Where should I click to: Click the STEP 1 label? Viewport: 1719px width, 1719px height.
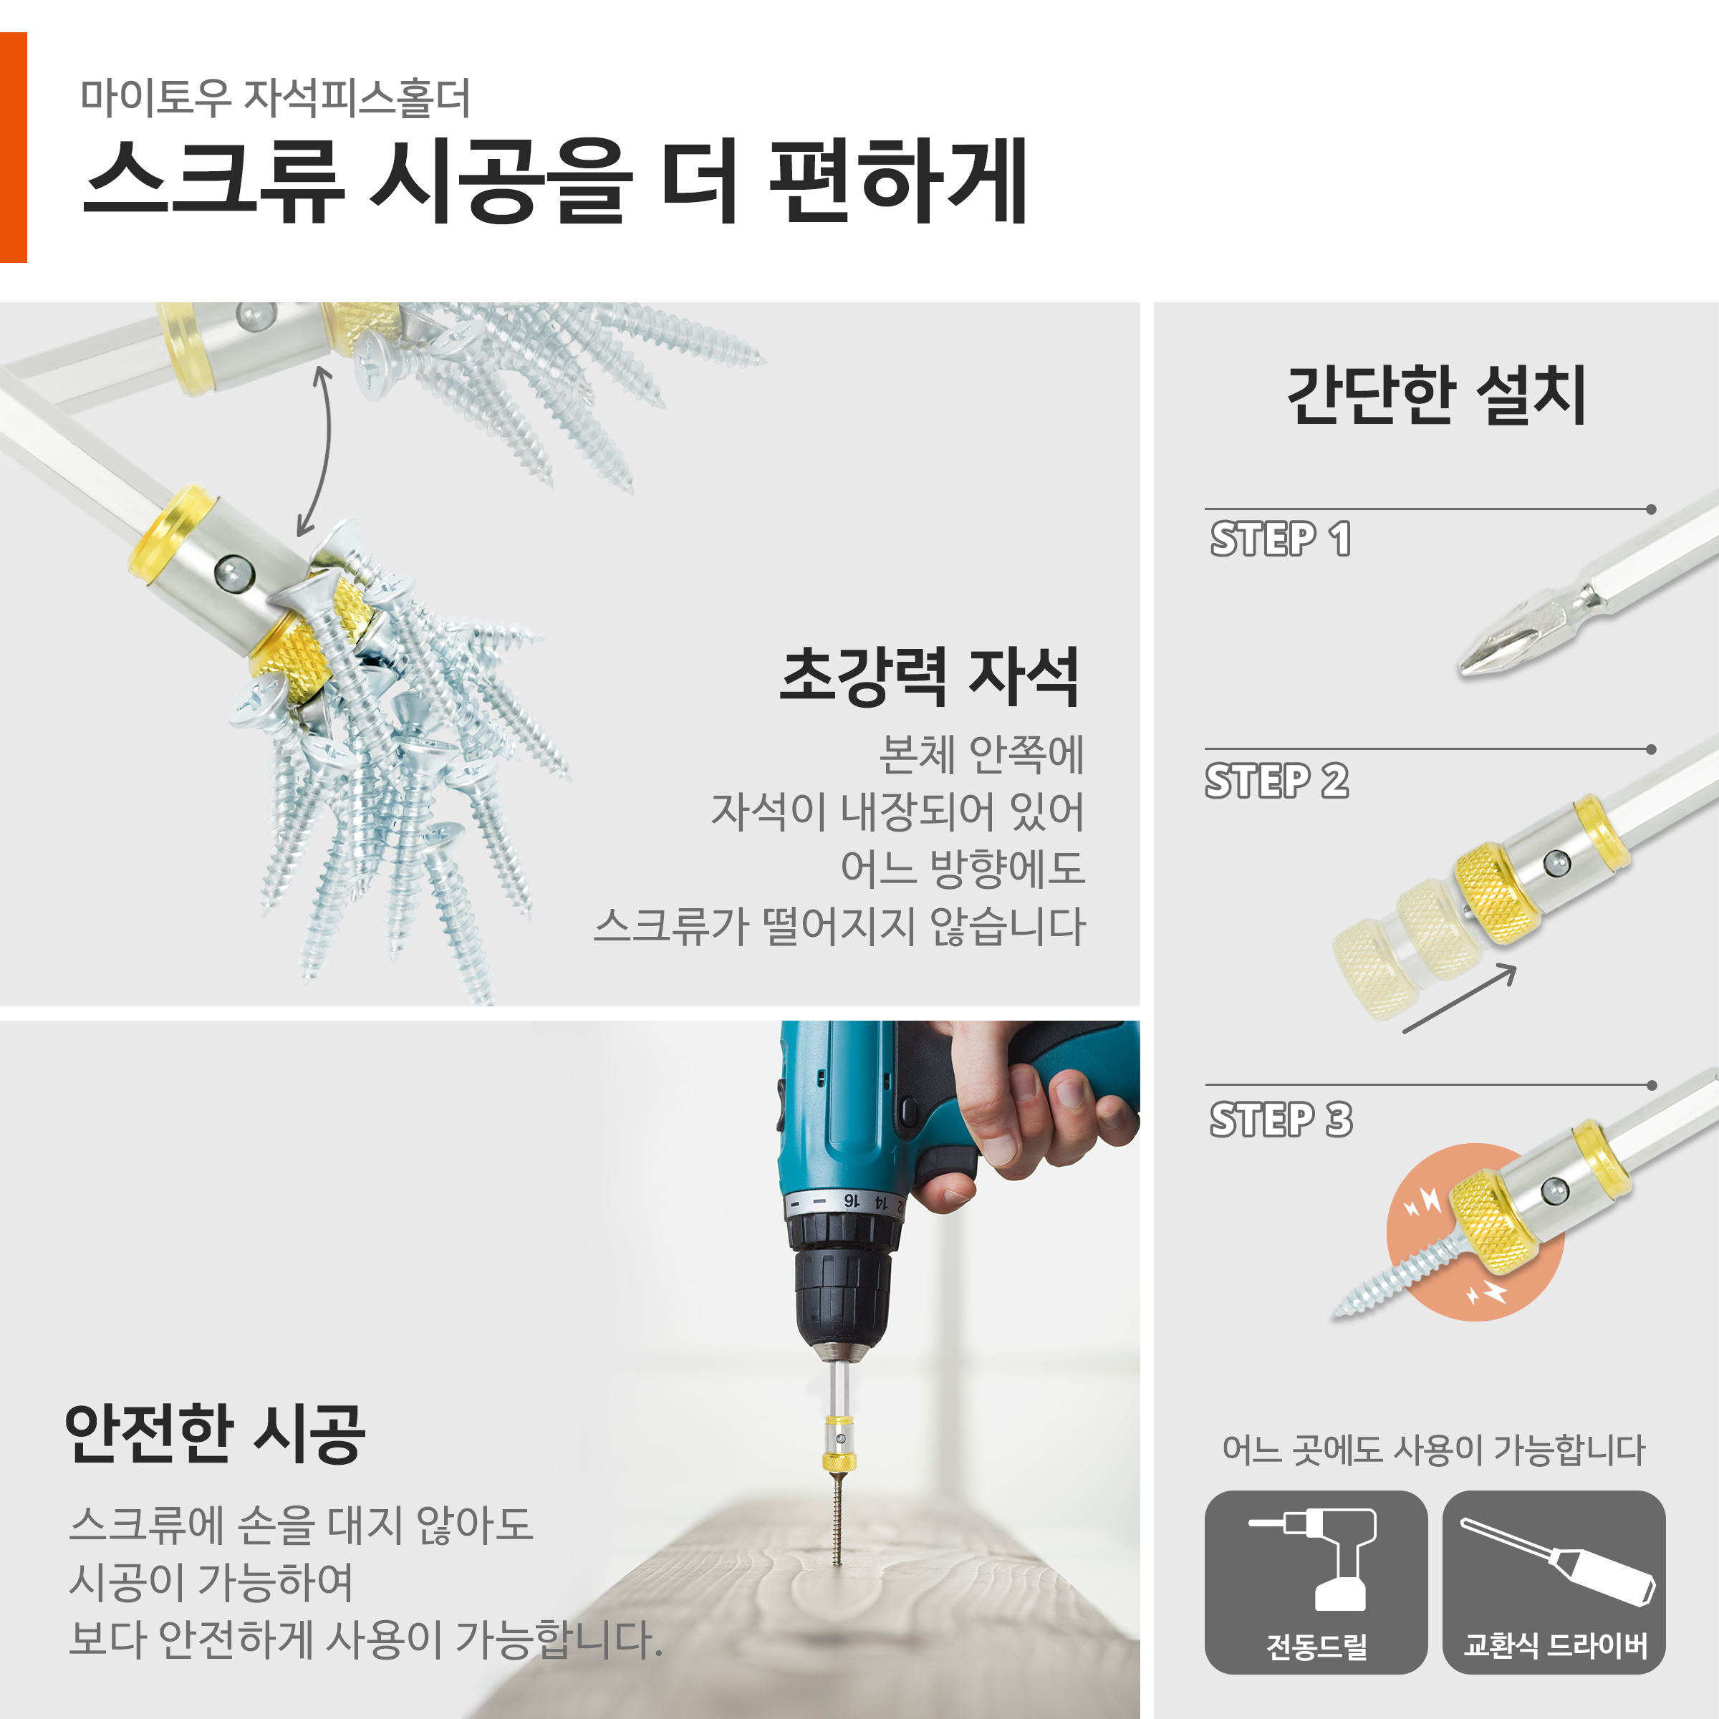click(1281, 539)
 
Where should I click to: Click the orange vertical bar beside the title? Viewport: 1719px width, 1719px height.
click(14, 148)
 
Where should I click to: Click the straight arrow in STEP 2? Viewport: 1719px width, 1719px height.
click(1459, 998)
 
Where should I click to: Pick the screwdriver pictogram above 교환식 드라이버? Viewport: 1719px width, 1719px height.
click(1558, 1561)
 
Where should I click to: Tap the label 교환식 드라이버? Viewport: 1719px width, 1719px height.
click(1555, 1645)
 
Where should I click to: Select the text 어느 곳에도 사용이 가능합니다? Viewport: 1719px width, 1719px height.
click(1433, 1450)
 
